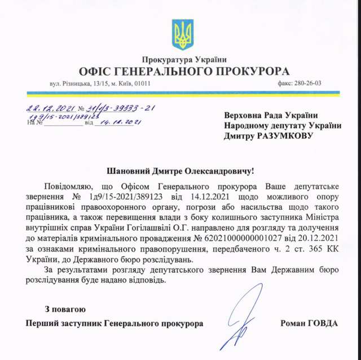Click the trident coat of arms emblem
tap(182, 35)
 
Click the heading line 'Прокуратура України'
tap(184, 60)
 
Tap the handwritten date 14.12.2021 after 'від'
tap(118, 122)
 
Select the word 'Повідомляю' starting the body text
tap(64, 185)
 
